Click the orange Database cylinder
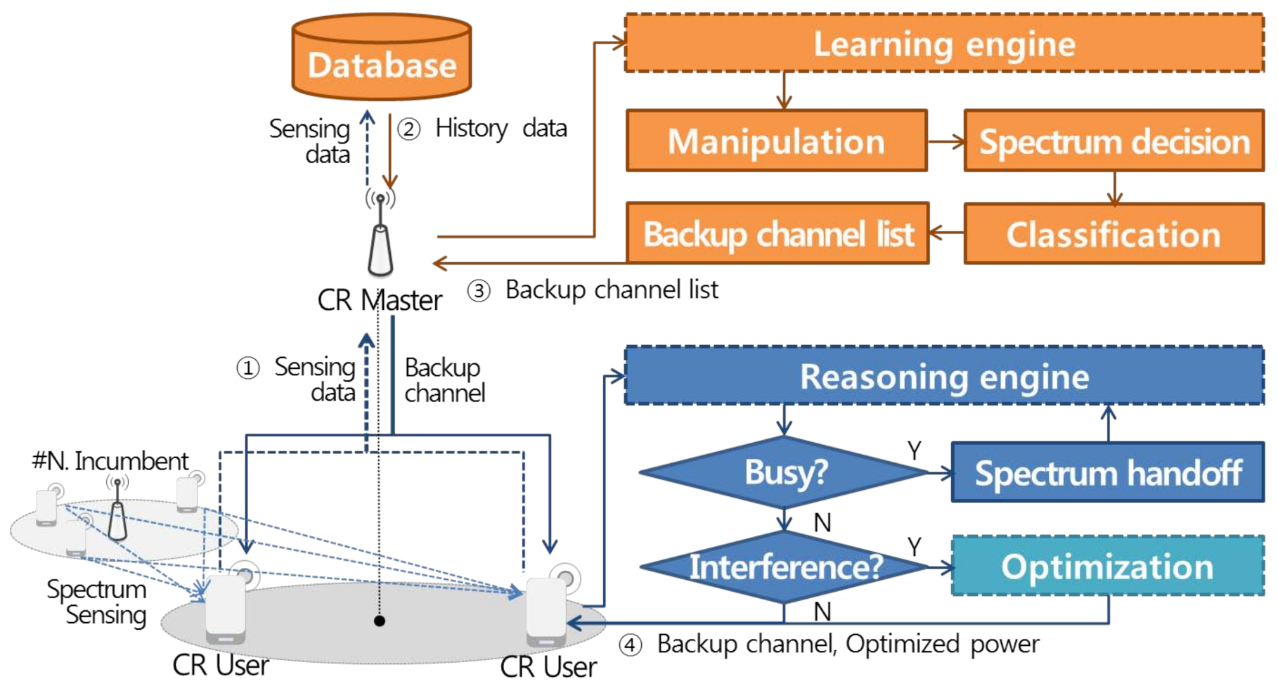[x=382, y=58]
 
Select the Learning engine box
[x=943, y=44]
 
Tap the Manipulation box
[x=776, y=141]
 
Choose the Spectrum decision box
[x=1114, y=141]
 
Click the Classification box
[x=1114, y=234]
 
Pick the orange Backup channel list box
[x=777, y=234]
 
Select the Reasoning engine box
[x=943, y=376]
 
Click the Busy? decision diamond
[x=785, y=472]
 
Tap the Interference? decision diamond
[x=785, y=566]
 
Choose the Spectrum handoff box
[x=1107, y=472]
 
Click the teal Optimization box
[x=1107, y=566]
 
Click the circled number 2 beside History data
[x=409, y=129]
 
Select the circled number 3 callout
[x=479, y=290]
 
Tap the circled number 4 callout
[x=631, y=645]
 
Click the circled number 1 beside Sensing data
[x=247, y=368]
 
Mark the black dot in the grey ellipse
[x=380, y=621]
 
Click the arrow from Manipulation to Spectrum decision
[x=945, y=142]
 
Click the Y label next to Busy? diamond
[x=914, y=451]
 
